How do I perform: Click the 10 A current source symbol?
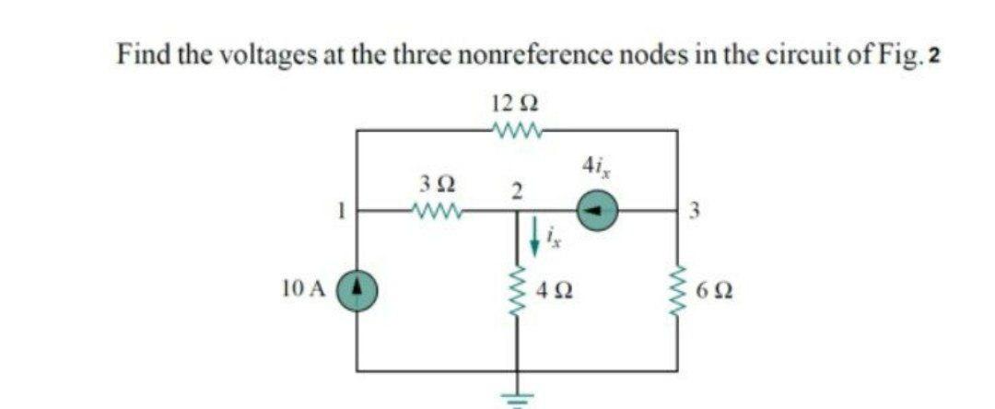(x=357, y=288)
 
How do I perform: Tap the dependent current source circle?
(x=597, y=212)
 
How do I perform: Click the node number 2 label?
(x=517, y=191)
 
